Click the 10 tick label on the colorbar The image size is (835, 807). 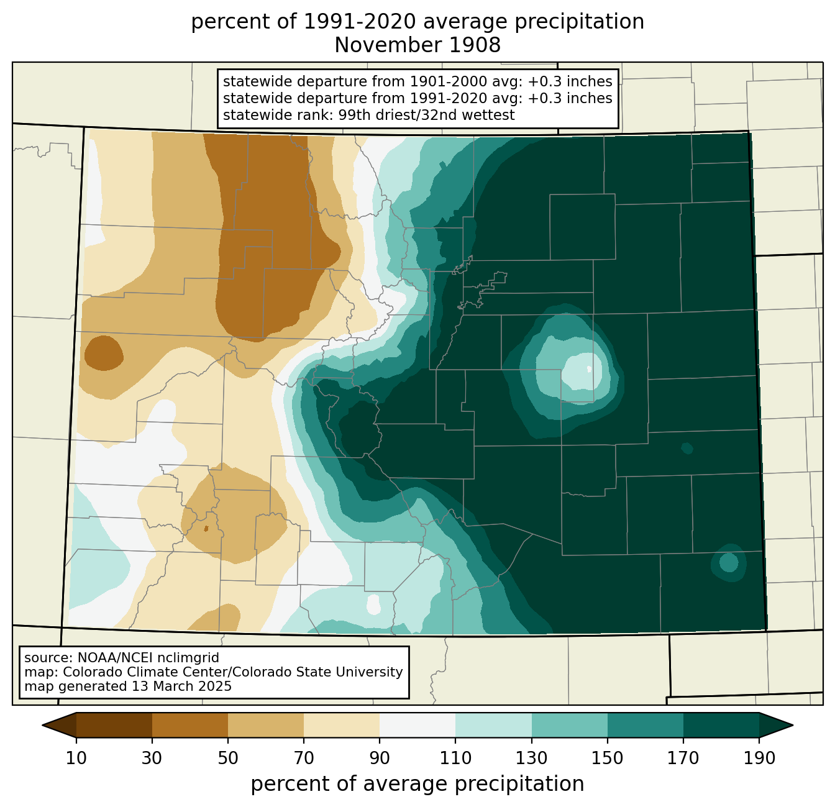tap(76, 758)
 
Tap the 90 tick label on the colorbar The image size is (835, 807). tap(380, 758)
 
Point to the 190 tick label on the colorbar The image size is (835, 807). tap(759, 758)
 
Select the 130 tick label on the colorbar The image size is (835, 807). tap(532, 758)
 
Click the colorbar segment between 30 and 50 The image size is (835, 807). tap(190, 725)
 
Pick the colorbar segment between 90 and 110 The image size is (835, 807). tap(417, 725)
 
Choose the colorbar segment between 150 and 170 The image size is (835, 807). tap(646, 725)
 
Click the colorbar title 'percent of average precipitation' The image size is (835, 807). tap(417, 784)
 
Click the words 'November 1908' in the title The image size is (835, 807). tap(417, 45)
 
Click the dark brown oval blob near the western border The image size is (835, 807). tap(103, 353)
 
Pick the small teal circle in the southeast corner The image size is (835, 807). tap(729, 562)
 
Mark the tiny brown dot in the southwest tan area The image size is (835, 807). tap(206, 529)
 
